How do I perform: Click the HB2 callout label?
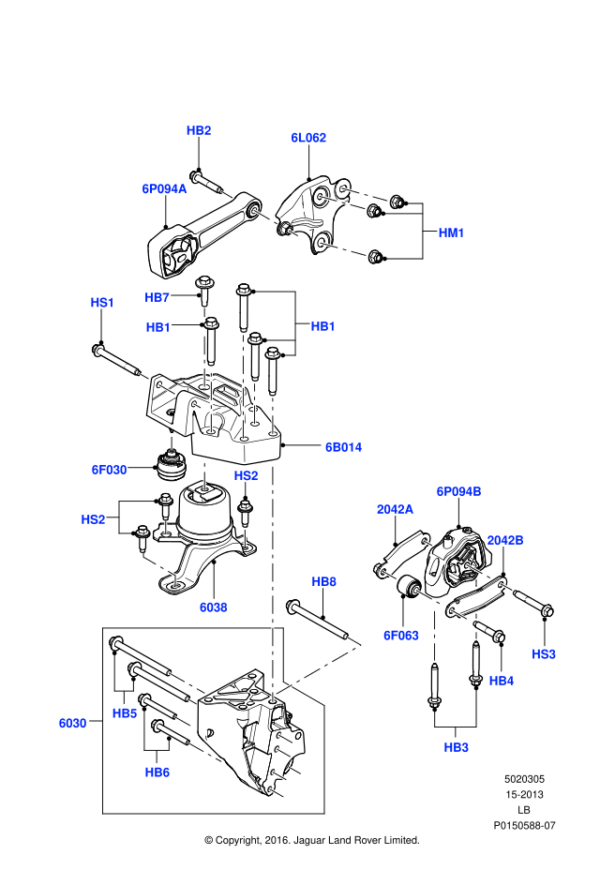[x=199, y=130]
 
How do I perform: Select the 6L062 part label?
[x=307, y=137]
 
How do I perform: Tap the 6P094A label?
[x=165, y=188]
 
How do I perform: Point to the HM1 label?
[x=452, y=232]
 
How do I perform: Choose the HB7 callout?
[x=157, y=297]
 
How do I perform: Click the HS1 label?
[x=102, y=302]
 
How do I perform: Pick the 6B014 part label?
[x=343, y=447]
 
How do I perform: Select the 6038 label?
[x=214, y=607]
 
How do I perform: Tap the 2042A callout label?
[x=395, y=509]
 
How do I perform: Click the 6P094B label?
[x=458, y=490]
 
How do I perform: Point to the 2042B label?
[x=505, y=540]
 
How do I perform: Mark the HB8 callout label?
[x=323, y=582]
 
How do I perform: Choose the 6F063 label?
[x=399, y=635]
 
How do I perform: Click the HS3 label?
[x=544, y=652]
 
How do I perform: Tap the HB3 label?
[x=457, y=747]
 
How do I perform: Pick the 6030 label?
[x=72, y=723]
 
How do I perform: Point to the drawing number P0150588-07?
[x=525, y=825]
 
